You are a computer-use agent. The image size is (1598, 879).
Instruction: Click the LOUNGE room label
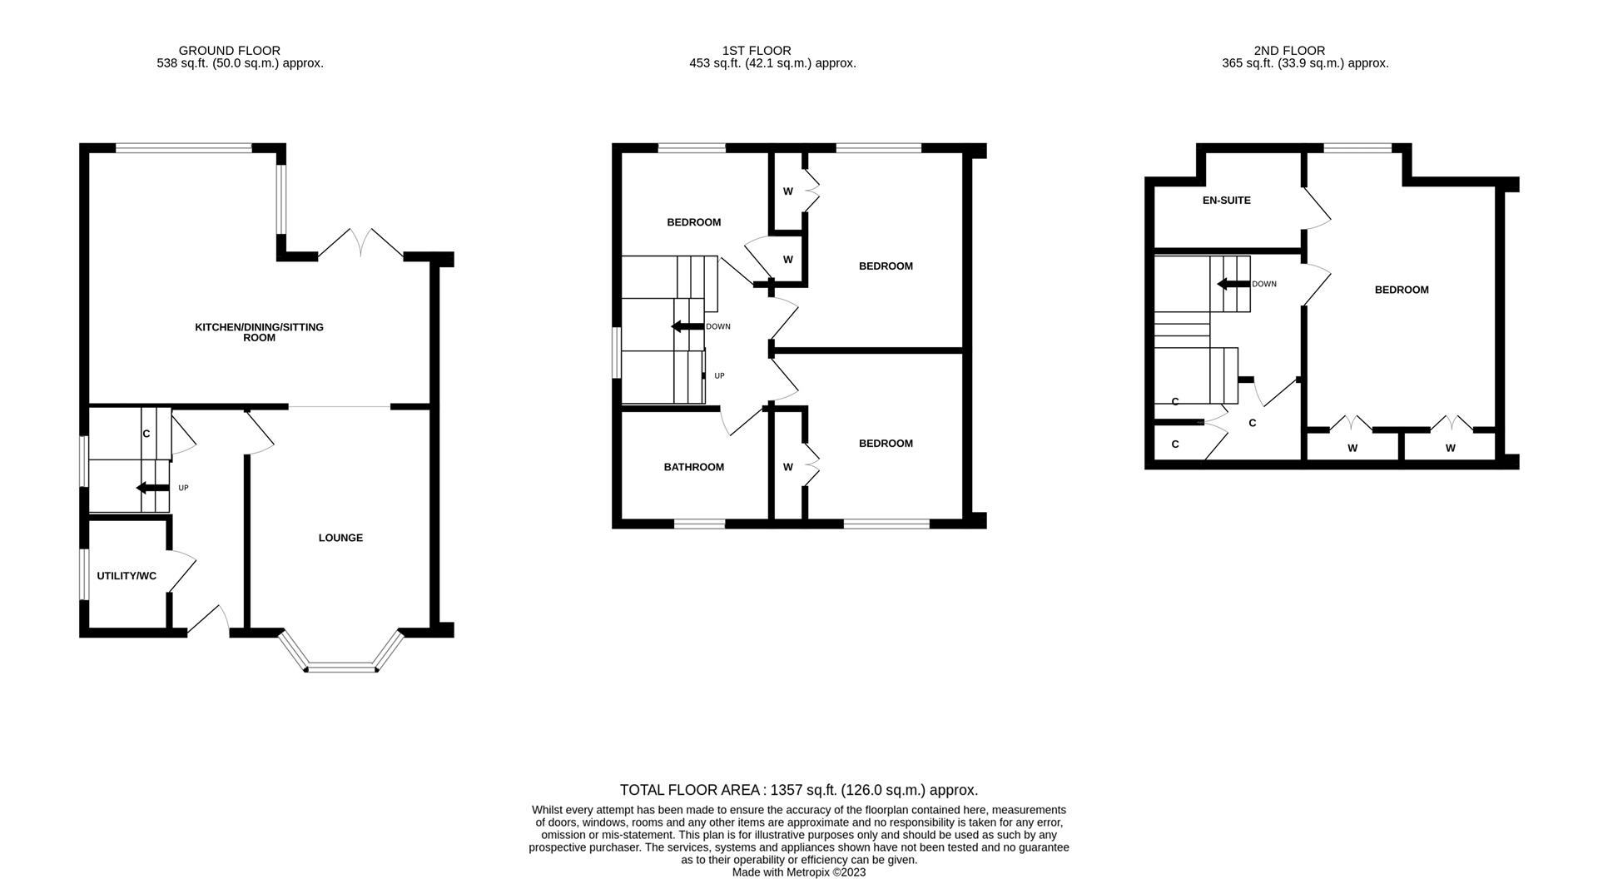tap(340, 538)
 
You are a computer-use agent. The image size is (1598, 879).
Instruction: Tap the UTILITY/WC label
tap(127, 576)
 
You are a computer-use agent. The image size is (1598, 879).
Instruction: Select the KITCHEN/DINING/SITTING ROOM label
tap(259, 332)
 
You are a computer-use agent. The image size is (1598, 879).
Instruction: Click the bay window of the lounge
tap(341, 666)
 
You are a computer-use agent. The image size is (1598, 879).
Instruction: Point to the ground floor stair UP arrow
tap(151, 488)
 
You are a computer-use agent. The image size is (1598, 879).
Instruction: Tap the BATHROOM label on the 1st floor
tap(693, 467)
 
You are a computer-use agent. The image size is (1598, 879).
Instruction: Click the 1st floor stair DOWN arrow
tap(687, 326)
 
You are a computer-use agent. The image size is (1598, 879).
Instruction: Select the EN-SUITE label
tap(1226, 201)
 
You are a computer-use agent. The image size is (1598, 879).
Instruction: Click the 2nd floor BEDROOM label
tap(1401, 290)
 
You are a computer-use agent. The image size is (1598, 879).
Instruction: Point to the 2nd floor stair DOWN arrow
tap(1233, 284)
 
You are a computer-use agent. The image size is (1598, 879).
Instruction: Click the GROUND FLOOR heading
tap(229, 51)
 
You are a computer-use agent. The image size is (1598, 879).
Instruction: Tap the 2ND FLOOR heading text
tap(1288, 51)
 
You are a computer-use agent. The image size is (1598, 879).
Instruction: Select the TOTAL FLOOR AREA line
tap(798, 790)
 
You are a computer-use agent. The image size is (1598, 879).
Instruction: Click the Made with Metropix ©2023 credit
tap(798, 872)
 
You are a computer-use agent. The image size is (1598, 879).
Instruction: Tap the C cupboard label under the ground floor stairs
tap(146, 434)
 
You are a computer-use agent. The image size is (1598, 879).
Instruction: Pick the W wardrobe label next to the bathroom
tap(787, 467)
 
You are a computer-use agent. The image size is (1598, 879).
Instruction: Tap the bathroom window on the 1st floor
tap(699, 524)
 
